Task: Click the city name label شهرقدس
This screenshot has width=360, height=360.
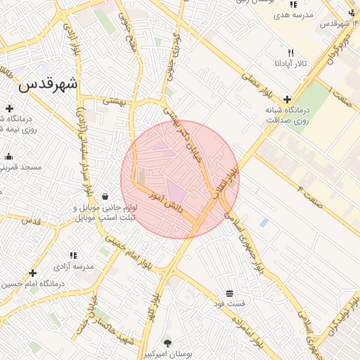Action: [48, 85]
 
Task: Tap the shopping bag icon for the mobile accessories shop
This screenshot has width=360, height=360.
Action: [105, 196]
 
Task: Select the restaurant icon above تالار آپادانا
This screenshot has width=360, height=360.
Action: [291, 53]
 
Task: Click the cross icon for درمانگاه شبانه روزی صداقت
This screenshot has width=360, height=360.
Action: [287, 99]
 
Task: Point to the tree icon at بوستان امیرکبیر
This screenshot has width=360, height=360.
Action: [167, 342]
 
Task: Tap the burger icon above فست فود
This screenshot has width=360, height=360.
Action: [229, 293]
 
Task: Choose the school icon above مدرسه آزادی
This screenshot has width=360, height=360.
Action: [72, 256]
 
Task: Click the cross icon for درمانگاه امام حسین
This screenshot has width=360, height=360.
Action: [32, 273]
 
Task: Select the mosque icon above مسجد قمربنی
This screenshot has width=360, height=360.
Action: [8, 157]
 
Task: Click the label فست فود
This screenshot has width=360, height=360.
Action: [230, 304]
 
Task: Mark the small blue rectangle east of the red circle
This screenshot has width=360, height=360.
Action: [264, 222]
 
